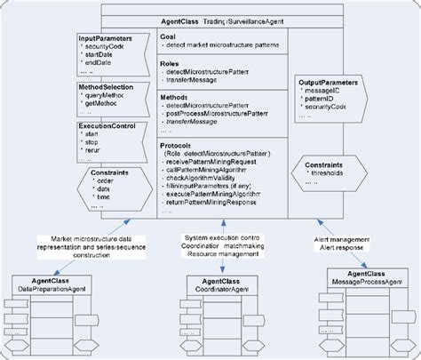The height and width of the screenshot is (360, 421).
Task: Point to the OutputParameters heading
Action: [x=327, y=83]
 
